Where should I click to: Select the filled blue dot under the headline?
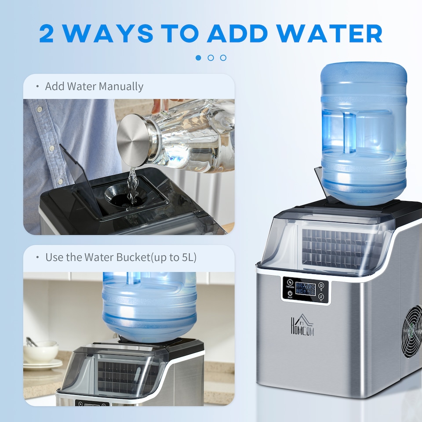(x=198, y=58)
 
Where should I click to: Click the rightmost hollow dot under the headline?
(x=223, y=58)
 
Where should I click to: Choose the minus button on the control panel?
(x=322, y=297)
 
